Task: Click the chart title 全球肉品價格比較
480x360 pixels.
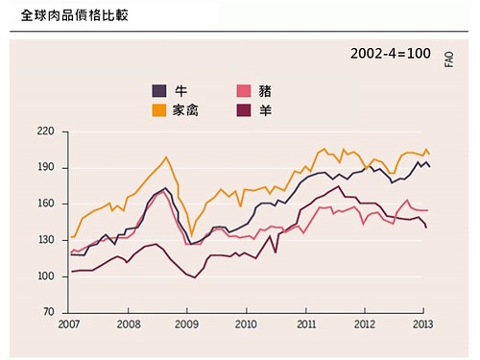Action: (x=75, y=15)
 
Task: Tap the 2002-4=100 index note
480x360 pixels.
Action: (x=391, y=54)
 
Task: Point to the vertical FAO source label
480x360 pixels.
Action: (x=449, y=60)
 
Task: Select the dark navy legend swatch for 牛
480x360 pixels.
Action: (x=159, y=91)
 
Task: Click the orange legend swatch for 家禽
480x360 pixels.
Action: (x=159, y=110)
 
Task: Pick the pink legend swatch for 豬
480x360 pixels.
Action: (x=244, y=91)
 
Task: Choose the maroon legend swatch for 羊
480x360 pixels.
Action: (x=244, y=110)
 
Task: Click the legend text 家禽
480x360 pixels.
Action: (x=185, y=110)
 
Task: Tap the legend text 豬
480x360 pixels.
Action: (x=265, y=91)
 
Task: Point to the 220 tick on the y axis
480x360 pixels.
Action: (x=45, y=132)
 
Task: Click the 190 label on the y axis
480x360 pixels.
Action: (x=45, y=167)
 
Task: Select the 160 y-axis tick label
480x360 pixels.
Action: (x=45, y=204)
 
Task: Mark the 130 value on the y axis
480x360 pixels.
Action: (x=45, y=240)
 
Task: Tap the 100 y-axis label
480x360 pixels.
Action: (x=45, y=276)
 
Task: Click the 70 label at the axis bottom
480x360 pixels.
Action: (x=49, y=312)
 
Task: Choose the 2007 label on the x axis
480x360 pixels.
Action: (x=69, y=324)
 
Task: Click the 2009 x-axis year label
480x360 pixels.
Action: (x=187, y=324)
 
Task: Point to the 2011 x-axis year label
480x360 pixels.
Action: (x=306, y=324)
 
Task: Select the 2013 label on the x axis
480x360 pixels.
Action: (x=422, y=324)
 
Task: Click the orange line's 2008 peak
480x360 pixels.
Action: (x=166, y=156)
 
